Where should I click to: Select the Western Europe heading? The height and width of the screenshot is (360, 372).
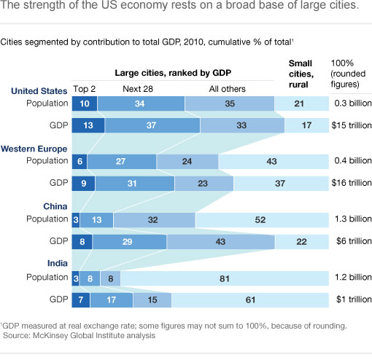pos(35,148)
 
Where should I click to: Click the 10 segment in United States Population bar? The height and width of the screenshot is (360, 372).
pos(84,104)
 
